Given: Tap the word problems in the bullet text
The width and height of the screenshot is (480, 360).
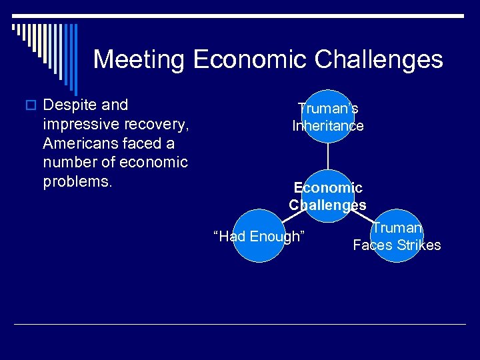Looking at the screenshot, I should (75, 182).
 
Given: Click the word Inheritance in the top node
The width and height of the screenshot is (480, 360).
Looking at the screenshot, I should (327, 126).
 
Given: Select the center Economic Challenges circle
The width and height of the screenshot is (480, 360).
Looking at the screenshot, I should (327, 196).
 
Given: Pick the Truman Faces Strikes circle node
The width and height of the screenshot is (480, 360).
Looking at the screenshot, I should (397, 237).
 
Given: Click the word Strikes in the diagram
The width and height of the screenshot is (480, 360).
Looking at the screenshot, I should (419, 245).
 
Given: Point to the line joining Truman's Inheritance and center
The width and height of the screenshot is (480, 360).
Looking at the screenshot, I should (327, 156).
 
